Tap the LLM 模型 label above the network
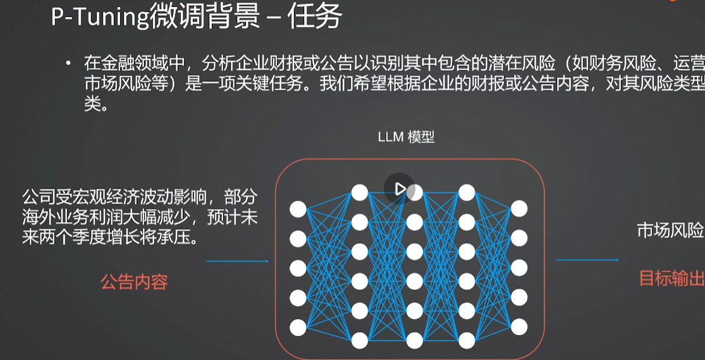click(x=406, y=137)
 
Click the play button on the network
click(x=400, y=189)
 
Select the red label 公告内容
click(x=134, y=282)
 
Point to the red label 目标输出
click(x=671, y=278)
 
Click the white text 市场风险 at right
click(x=670, y=231)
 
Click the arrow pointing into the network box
click(x=237, y=261)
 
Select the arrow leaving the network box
click(x=587, y=260)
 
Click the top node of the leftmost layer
click(x=298, y=209)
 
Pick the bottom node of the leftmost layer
click(x=298, y=327)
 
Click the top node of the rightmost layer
click(x=519, y=209)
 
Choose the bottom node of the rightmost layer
click(x=519, y=326)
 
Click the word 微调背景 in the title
click(x=205, y=17)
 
